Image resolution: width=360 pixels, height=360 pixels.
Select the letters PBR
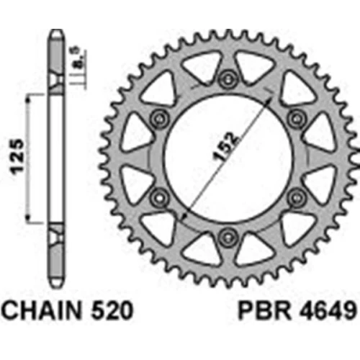tap(264, 311)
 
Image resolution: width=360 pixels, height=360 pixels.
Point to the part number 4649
tap(327, 311)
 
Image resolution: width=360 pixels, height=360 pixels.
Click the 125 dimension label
tap(16, 156)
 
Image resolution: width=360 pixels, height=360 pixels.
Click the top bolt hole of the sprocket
tap(227, 78)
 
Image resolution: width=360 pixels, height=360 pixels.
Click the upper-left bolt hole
tap(159, 118)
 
